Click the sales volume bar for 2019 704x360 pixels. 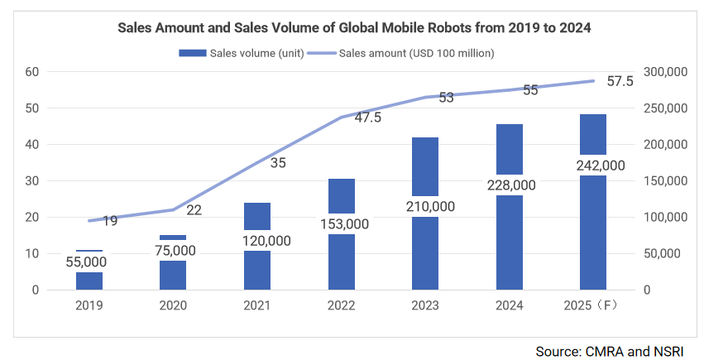89,279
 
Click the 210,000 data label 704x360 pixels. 426,206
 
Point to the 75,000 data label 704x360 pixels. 173,250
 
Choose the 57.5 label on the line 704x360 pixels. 620,81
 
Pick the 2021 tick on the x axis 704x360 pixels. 257,305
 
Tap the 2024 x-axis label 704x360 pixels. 510,305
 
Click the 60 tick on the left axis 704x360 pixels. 33,72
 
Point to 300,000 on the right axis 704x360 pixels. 665,72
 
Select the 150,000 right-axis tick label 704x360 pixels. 665,181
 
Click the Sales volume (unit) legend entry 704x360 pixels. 240,53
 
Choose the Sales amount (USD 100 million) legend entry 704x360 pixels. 401,53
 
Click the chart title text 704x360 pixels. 354,28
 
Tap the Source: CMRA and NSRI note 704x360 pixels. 611,350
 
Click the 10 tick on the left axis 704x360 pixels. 33,254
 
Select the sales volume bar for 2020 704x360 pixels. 173,273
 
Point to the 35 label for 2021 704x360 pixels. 278,163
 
